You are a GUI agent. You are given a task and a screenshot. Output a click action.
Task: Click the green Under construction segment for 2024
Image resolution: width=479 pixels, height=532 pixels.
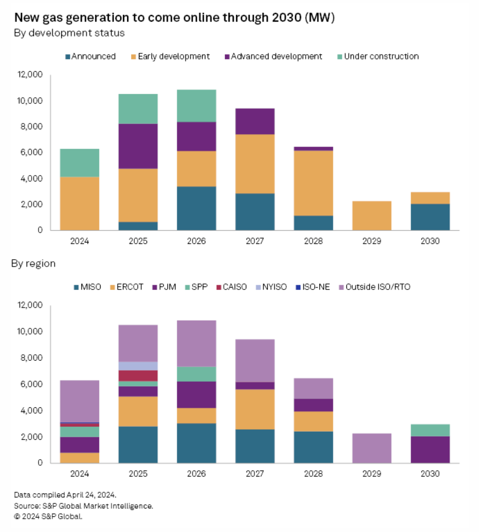[x=80, y=163]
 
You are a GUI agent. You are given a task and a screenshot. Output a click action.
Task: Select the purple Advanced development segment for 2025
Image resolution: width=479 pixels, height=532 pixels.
[x=138, y=146]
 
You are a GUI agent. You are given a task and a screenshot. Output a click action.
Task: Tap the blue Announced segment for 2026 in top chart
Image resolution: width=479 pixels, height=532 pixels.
[x=196, y=208]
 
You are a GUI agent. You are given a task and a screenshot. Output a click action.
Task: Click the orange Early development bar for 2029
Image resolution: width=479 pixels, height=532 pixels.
[x=372, y=216]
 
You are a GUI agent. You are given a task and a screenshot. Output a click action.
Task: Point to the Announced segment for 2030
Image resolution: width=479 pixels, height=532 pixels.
[x=430, y=217]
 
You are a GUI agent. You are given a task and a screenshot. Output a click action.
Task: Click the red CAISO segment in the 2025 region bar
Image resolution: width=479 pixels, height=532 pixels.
[x=138, y=375]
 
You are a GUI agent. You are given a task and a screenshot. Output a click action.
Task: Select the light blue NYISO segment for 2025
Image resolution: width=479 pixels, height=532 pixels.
[x=138, y=366]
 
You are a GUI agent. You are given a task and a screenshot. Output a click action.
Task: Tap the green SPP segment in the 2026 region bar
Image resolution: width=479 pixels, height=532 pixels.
[x=196, y=374]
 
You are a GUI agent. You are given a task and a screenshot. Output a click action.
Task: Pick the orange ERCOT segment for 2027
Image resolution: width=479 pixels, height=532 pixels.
[x=255, y=409]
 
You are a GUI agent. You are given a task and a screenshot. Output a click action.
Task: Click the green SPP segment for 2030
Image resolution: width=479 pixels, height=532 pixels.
[x=430, y=430]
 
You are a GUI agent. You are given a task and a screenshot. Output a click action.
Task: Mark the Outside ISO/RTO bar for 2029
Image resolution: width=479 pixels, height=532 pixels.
[x=372, y=448]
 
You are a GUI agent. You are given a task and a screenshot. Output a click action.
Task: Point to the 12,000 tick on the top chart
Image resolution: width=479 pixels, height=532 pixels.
[x=30, y=74]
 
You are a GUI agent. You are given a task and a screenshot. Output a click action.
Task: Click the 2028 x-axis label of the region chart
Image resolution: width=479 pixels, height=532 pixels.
[x=313, y=474]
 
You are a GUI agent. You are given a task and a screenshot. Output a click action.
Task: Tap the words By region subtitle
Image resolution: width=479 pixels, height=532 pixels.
[x=34, y=264]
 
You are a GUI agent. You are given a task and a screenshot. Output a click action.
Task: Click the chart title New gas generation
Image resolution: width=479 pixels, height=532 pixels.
[x=174, y=18]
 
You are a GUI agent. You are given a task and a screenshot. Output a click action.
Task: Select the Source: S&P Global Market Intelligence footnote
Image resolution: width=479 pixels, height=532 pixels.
[x=83, y=506]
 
